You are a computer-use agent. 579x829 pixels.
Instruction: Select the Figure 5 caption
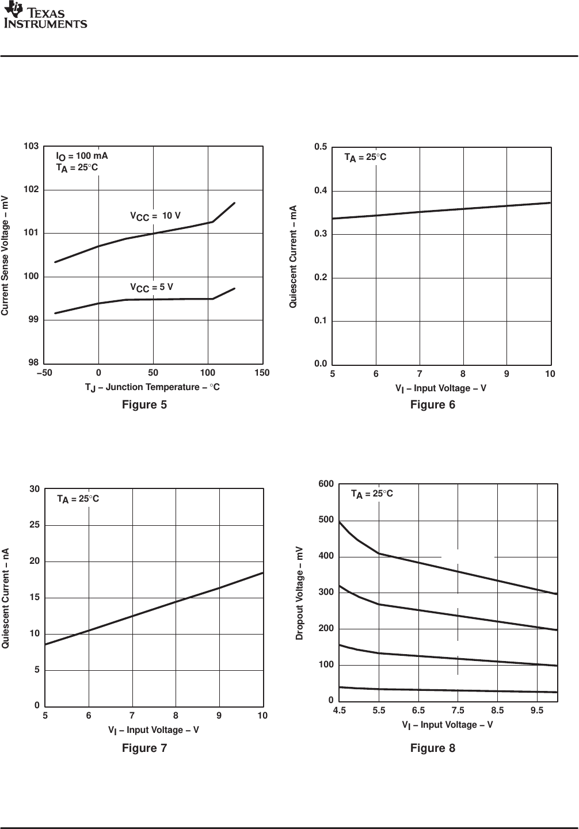(144, 405)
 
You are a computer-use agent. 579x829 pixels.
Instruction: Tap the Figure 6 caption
(433, 405)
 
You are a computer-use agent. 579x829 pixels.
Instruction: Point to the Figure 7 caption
(144, 748)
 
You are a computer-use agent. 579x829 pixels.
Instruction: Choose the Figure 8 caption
(433, 748)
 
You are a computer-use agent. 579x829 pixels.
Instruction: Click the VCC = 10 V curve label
(155, 216)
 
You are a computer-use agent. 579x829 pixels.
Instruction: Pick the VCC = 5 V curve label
(151, 287)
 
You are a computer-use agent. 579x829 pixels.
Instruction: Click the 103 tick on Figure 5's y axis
(31, 147)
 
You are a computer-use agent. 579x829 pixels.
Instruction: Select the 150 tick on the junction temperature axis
(262, 373)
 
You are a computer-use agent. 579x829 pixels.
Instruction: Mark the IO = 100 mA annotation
(82, 156)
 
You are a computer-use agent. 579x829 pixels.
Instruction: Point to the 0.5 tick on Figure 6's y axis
(321, 147)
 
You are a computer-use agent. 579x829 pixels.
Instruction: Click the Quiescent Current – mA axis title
(294, 256)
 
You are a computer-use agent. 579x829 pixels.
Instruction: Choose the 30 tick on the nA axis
(35, 489)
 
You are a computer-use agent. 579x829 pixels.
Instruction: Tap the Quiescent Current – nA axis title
(6, 598)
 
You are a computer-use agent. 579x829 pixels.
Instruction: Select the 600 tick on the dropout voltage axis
(326, 484)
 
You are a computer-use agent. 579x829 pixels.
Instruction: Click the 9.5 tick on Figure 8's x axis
(537, 710)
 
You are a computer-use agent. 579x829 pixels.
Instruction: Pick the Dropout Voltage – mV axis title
(299, 593)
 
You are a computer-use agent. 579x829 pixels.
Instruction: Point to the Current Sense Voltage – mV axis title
(5, 255)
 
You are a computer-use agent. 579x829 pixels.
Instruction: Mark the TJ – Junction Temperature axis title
(153, 388)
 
